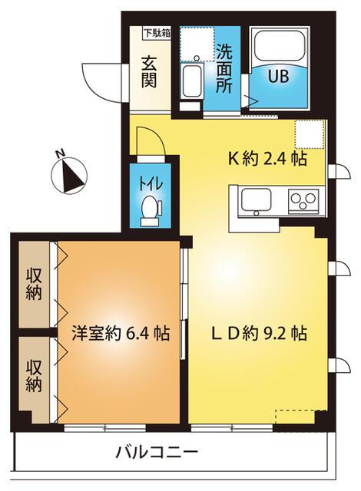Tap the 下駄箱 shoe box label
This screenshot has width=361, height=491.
pyautogui.click(x=157, y=33)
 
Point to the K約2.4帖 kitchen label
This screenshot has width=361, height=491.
pyautogui.click(x=267, y=160)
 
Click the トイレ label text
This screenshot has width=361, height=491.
pyautogui.click(x=149, y=184)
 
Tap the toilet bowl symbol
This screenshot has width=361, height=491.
pyautogui.click(x=150, y=207)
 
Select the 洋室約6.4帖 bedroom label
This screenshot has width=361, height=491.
pyautogui.click(x=121, y=334)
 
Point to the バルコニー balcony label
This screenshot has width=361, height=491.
pyautogui.click(x=157, y=451)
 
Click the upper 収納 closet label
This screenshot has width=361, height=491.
pyautogui.click(x=33, y=283)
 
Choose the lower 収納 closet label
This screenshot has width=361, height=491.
pyautogui.click(x=33, y=375)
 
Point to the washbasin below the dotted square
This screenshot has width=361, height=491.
pyautogui.click(x=192, y=79)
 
